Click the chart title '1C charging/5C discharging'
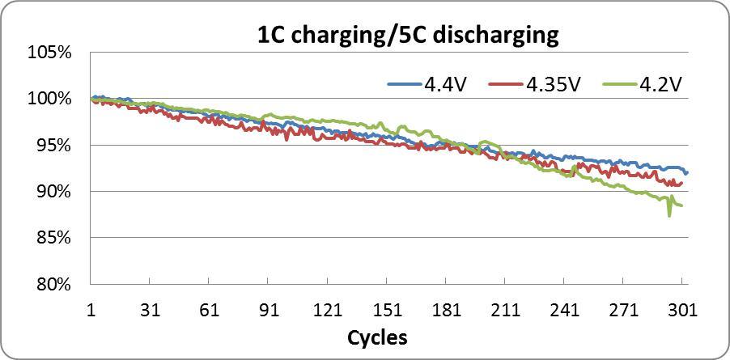coord(407,35)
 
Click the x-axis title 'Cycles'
coord(377,337)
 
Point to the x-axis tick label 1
coord(91,310)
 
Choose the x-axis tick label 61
coord(209,310)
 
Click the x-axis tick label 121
coord(327,310)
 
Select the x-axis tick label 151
coord(387,310)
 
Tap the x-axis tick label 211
coord(505,310)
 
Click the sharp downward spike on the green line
coord(669,215)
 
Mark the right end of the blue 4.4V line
coord(687,173)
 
